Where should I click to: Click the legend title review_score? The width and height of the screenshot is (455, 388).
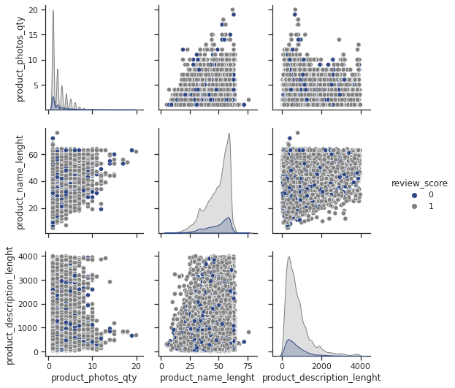419,183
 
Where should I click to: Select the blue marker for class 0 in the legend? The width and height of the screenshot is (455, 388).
415,195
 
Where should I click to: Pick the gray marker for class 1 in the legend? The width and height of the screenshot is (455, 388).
415,207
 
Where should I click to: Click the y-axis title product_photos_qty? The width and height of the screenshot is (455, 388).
20,56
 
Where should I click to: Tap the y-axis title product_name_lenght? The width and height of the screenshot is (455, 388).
20,181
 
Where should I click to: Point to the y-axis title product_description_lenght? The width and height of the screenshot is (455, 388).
10,303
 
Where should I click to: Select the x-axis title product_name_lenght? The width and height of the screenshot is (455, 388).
207,377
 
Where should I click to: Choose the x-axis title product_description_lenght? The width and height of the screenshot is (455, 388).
321,377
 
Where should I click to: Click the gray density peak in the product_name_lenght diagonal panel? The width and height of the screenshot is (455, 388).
229,134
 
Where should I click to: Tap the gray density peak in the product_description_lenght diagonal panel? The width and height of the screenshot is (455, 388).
289,257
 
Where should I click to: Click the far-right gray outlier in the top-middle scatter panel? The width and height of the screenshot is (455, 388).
248,99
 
